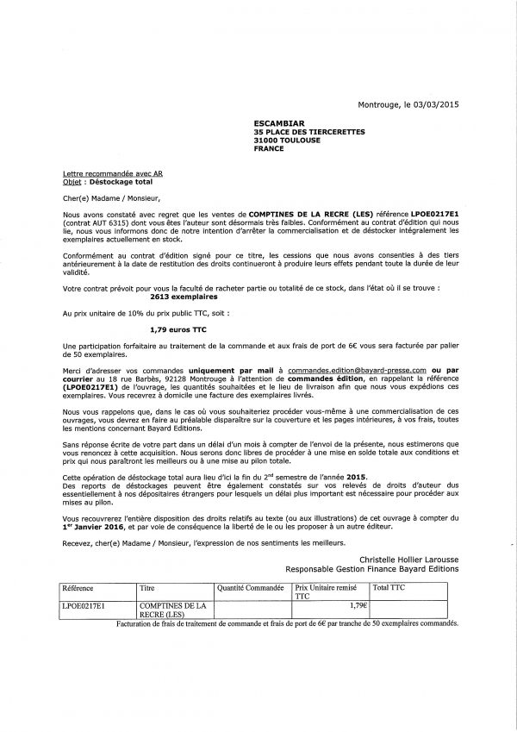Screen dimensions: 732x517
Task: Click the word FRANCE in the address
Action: click(269, 148)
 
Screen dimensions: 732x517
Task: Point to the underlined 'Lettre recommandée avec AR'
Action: click(112, 173)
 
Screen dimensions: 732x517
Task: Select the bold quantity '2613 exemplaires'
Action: click(179, 295)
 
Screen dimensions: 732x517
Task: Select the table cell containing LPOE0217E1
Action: click(83, 605)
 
